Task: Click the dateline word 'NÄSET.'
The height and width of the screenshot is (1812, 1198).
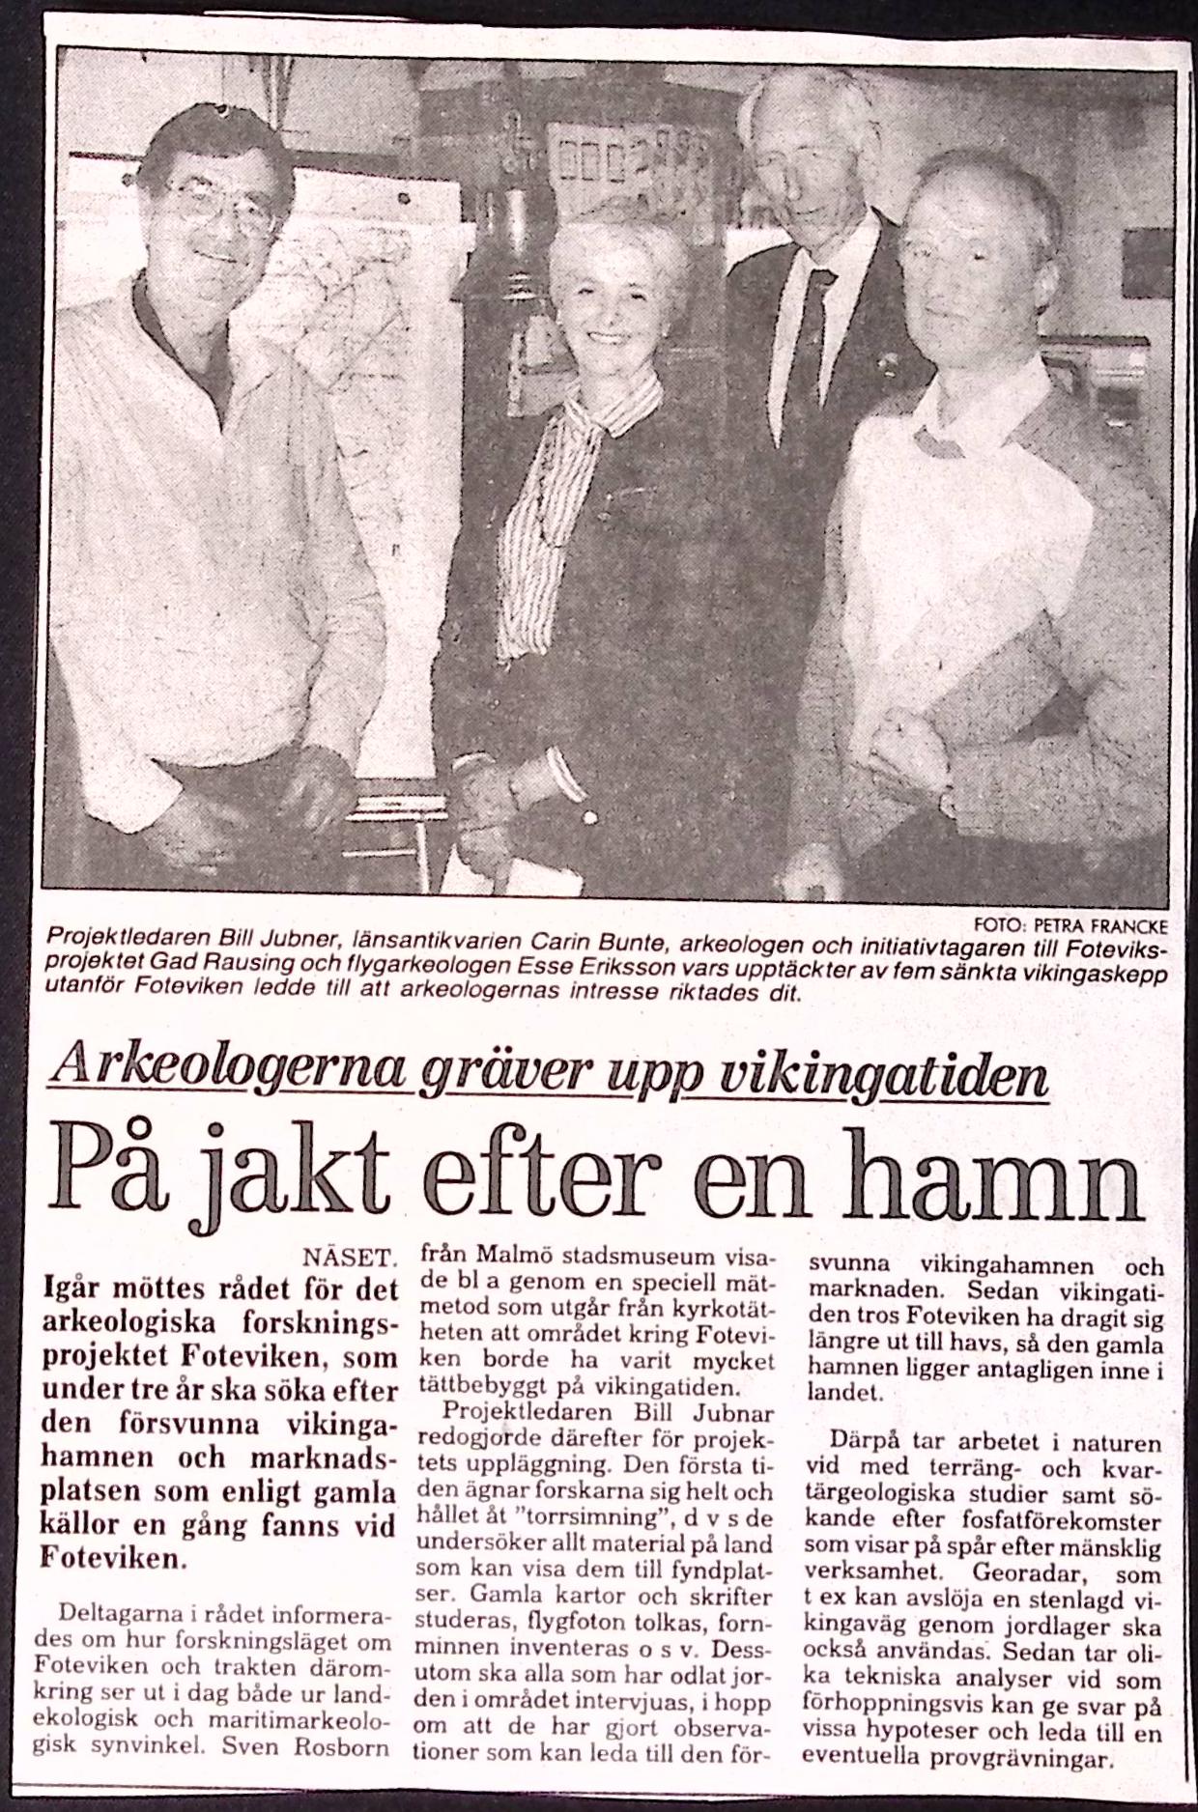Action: (x=349, y=1260)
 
